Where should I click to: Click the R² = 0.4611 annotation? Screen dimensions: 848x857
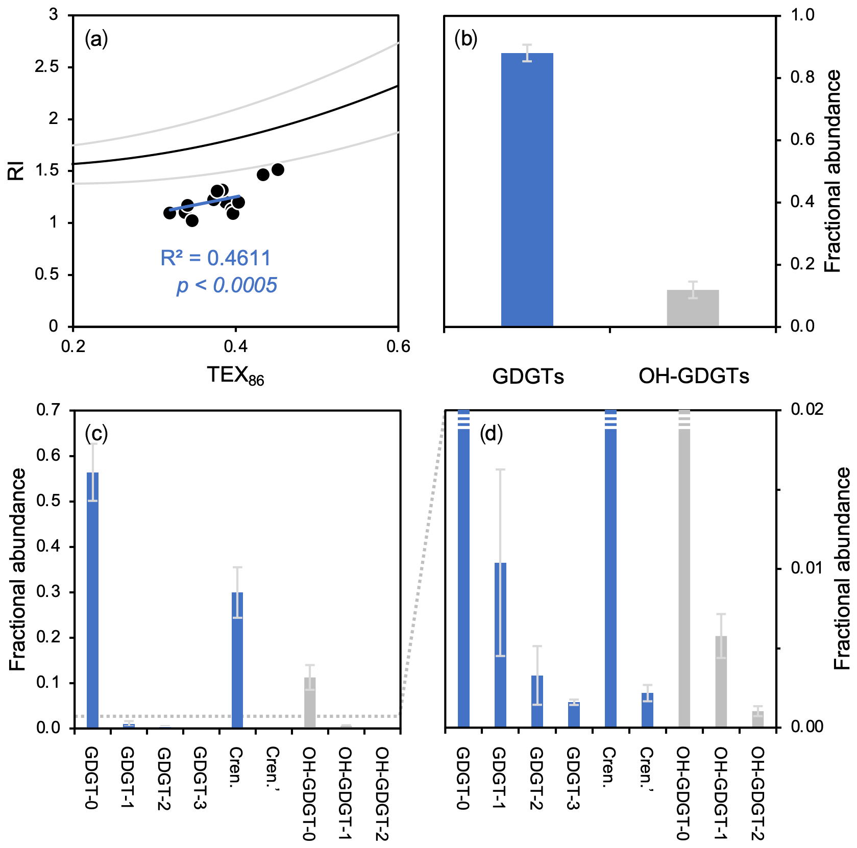point(215,258)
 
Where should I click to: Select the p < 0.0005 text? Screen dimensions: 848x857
point(227,286)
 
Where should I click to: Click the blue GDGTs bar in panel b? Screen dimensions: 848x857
point(527,189)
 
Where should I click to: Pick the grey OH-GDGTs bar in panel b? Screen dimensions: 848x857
point(693,308)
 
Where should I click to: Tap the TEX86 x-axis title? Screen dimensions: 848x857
point(235,376)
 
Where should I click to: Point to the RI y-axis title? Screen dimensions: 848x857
point(16,170)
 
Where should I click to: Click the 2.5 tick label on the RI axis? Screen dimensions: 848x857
point(46,67)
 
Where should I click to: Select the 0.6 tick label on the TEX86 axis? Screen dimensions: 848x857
point(398,347)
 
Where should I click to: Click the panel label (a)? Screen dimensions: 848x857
point(96,39)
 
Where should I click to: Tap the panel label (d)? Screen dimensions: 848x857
point(491,434)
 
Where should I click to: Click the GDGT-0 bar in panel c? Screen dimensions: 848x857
point(92,600)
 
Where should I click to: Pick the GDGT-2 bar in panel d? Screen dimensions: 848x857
point(537,701)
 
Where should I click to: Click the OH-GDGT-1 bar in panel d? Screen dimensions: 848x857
point(721,681)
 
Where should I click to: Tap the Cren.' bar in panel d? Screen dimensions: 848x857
point(647,710)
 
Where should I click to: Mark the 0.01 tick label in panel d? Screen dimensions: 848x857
point(806,568)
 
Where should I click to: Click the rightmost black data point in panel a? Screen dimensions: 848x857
point(278,169)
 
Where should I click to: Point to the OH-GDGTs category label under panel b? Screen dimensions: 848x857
point(694,377)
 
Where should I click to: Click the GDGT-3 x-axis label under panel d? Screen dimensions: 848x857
point(573,778)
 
